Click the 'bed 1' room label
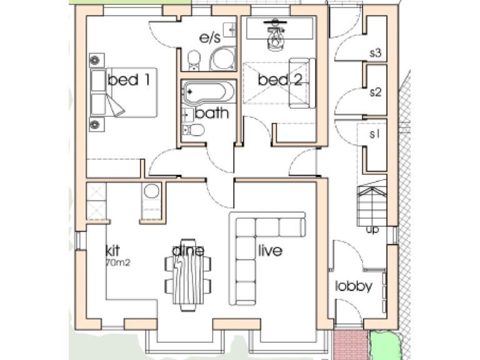[132, 80]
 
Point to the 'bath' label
[211, 114]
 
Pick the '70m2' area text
[117, 262]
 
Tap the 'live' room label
[269, 251]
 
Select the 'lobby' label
[354, 287]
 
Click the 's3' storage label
[376, 53]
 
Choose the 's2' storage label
[376, 92]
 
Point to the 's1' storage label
[376, 134]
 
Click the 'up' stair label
[372, 230]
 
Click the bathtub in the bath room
[208, 92]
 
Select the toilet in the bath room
[195, 130]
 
